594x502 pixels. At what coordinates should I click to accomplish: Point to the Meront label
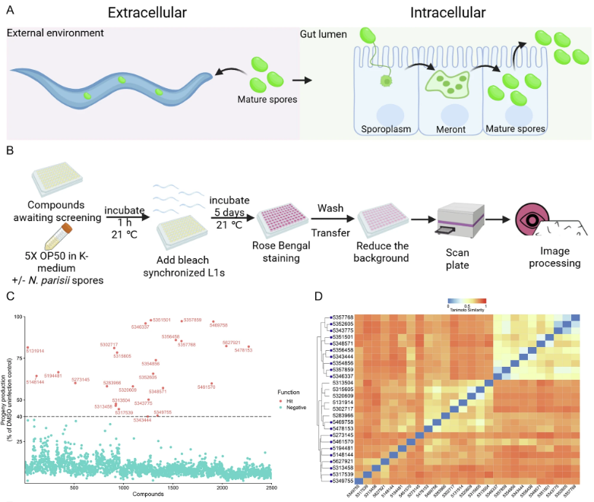click(443, 129)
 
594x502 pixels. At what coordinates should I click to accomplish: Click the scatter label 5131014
click(35, 351)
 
